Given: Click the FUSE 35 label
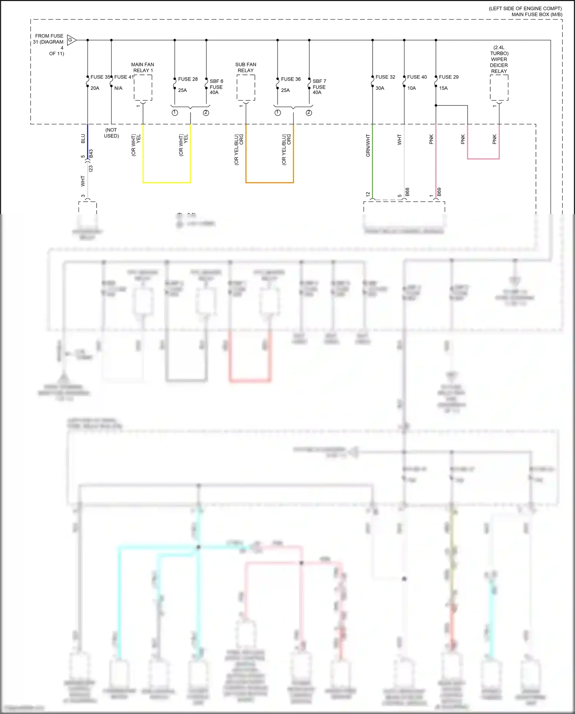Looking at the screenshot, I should tap(100, 77).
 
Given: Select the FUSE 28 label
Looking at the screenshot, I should tap(188, 79).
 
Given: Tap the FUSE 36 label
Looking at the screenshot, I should tap(291, 79).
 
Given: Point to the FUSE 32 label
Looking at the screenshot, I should tap(385, 77).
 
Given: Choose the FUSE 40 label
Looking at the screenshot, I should tap(417, 77).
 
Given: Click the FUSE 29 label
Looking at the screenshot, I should tap(449, 77).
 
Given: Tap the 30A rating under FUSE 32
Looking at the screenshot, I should tap(379, 88).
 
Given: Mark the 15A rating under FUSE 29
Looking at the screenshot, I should tap(443, 88).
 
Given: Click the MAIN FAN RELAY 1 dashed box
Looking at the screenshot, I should tap(143, 88).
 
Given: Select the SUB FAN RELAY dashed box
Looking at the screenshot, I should tap(246, 88).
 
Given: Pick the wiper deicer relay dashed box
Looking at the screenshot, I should tap(499, 88).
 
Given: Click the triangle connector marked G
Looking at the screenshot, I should tap(71, 40).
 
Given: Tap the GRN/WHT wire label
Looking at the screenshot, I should tap(368, 145).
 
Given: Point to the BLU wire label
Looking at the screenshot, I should tap(83, 139).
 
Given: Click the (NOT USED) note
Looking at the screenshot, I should tap(112, 133).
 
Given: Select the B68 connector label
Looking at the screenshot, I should tap(407, 192).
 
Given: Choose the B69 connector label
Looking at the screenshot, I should tap(439, 192).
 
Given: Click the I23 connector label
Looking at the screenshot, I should tap(91, 168).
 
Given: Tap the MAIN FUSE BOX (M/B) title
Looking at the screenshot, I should tap(537, 15).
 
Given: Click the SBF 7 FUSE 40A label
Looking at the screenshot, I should tap(319, 87).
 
